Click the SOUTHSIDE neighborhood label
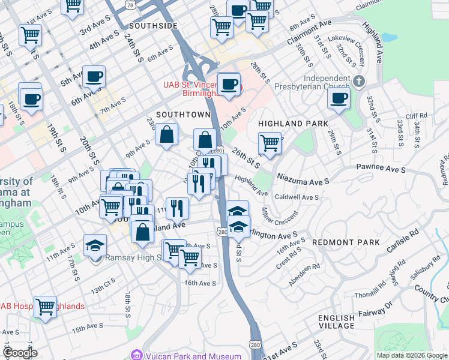(153, 26)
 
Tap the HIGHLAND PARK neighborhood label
(293, 123)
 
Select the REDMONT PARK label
(346, 242)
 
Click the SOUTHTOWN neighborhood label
(183, 114)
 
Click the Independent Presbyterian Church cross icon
(359, 81)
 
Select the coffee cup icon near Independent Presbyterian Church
(339, 98)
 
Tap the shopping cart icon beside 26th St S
(270, 143)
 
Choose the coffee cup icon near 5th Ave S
(94, 76)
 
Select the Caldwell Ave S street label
(296, 197)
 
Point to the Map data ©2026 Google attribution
(411, 355)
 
